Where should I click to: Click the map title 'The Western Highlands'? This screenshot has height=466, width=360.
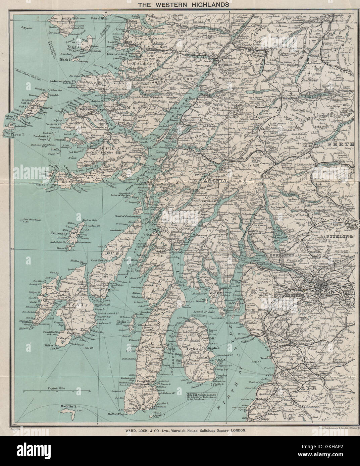(x=180, y=5)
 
